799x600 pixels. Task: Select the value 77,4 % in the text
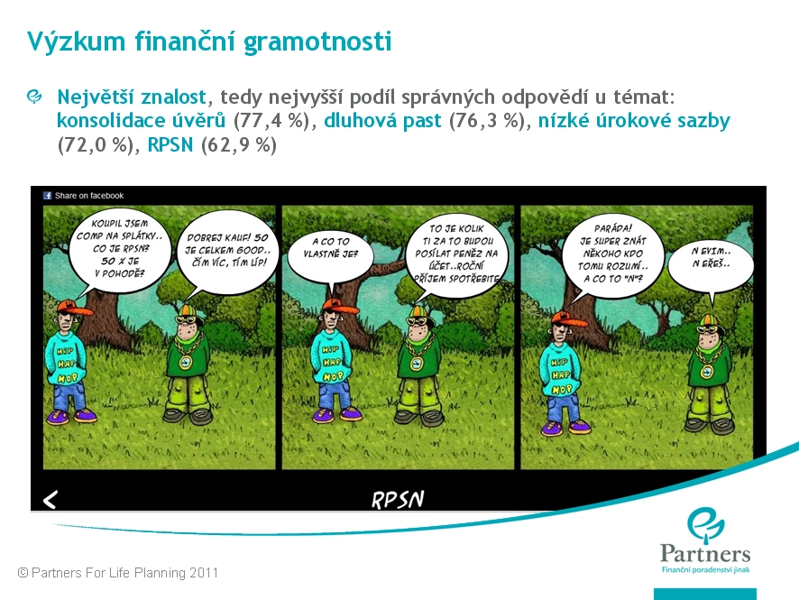[271, 121]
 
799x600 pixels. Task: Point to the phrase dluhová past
[382, 120]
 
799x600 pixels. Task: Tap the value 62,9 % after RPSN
[238, 145]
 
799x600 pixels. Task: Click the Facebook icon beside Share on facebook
[48, 195]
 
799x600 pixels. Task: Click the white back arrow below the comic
[50, 500]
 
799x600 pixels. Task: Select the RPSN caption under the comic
[398, 500]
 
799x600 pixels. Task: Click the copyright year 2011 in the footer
[204, 573]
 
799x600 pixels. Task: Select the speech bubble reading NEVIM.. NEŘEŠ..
[711, 263]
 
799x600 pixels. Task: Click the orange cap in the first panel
[74, 308]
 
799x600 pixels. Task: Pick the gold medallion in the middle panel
[417, 363]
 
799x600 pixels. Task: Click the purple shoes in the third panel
[565, 427]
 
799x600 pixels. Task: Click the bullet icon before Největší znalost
[34, 97]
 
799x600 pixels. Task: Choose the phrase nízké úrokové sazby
[634, 120]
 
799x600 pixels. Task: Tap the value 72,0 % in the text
[96, 145]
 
